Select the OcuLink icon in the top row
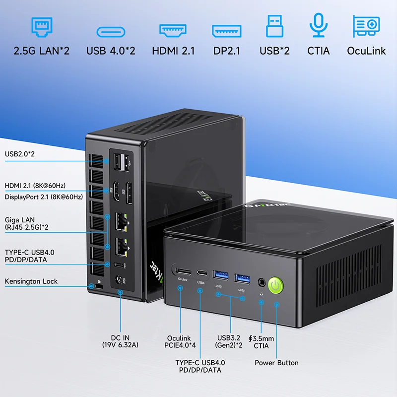[366, 25]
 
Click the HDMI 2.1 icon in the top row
[173, 30]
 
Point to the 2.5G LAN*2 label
[42, 51]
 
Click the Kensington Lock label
[31, 281]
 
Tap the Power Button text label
[276, 363]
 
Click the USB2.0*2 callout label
[20, 154]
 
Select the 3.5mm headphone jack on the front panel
[262, 283]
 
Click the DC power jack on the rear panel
[120, 280]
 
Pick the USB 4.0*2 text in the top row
[111, 51]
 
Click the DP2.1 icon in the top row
[227, 31]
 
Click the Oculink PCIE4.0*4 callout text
[179, 342]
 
